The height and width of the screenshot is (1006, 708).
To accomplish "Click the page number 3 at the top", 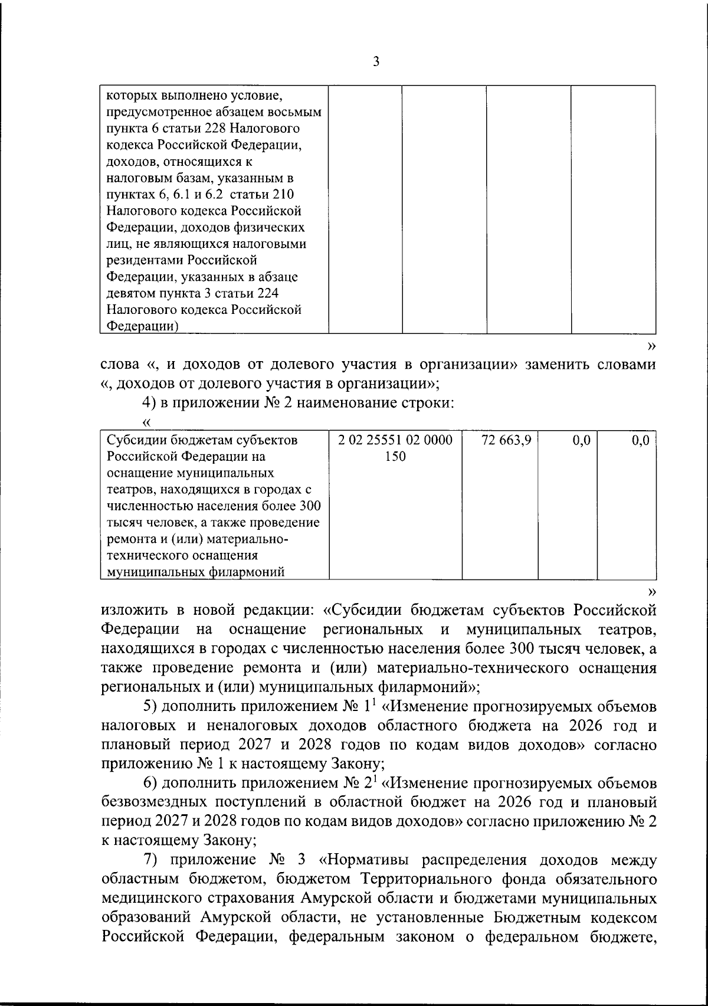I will click(376, 61).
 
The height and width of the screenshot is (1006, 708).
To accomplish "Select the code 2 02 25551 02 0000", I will click(395, 440).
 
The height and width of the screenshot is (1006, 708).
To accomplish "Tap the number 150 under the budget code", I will click(395, 457).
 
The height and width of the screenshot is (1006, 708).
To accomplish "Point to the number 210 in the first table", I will click(280, 194).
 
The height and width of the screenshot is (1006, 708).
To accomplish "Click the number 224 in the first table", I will click(283, 293).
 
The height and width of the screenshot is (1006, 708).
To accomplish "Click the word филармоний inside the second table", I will click(249, 572).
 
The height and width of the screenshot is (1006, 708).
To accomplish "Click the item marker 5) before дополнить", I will click(151, 706).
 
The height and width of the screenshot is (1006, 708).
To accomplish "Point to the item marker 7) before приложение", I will click(151, 859).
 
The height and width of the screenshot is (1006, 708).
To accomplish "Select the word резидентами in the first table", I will click(144, 260).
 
